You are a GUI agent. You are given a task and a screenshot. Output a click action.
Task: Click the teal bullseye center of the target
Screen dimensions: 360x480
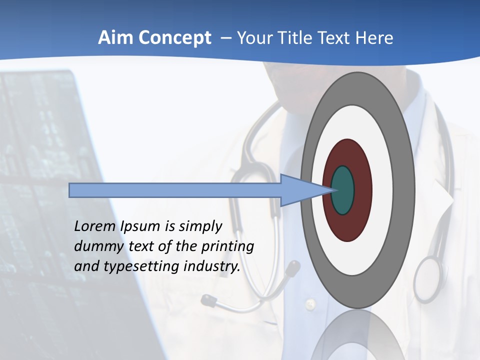342,190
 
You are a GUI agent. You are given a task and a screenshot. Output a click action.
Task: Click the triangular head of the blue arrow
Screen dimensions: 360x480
300,190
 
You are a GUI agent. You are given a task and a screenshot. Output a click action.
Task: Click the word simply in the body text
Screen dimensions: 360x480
200,226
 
